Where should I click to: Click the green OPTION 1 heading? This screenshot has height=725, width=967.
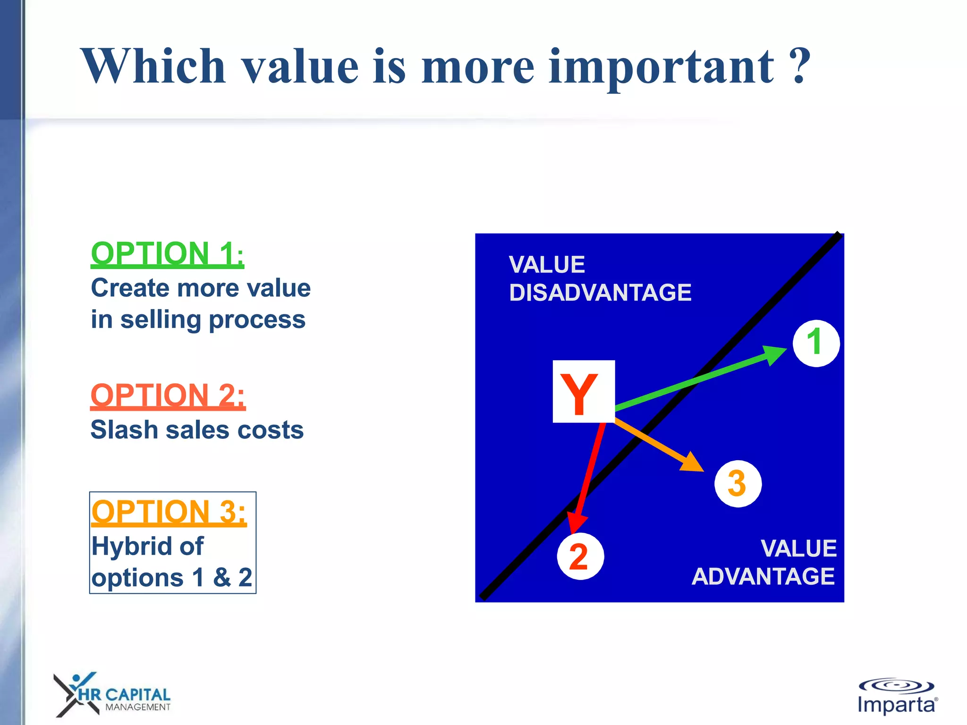[167, 254]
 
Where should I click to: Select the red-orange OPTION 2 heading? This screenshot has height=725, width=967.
[168, 395]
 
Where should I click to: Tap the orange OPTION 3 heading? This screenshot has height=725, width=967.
[169, 512]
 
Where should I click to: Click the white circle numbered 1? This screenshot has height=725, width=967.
[815, 343]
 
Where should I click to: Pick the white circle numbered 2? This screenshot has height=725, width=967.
[580, 556]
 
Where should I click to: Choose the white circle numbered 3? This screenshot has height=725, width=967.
[738, 483]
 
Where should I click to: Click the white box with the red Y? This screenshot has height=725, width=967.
[584, 391]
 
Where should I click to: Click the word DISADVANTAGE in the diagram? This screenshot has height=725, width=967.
[600, 293]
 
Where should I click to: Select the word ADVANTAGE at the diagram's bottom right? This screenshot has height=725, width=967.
[763, 576]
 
